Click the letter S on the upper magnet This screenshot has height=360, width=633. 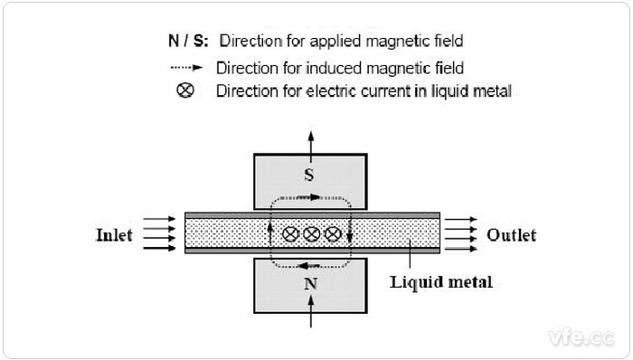[x=309, y=175]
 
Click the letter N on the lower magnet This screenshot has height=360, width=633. [x=310, y=284]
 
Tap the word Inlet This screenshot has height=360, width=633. [x=114, y=235]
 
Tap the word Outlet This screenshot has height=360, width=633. [x=512, y=235]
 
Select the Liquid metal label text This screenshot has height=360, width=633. [x=441, y=281]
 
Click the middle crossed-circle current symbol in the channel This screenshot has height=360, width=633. [x=312, y=234]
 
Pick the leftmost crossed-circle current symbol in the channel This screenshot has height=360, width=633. [x=290, y=234]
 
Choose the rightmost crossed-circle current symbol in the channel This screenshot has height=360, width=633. [x=333, y=234]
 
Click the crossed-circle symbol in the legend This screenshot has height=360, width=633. [x=185, y=90]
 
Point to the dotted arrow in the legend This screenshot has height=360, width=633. [x=186, y=68]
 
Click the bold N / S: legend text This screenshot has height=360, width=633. [x=188, y=41]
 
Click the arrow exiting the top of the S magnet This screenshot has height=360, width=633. [x=311, y=147]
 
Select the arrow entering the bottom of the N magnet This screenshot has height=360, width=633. [x=311, y=311]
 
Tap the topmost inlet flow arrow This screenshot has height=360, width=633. [x=159, y=219]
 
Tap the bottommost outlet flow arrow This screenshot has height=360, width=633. [x=460, y=249]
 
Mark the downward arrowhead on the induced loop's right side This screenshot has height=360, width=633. [x=350, y=236]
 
